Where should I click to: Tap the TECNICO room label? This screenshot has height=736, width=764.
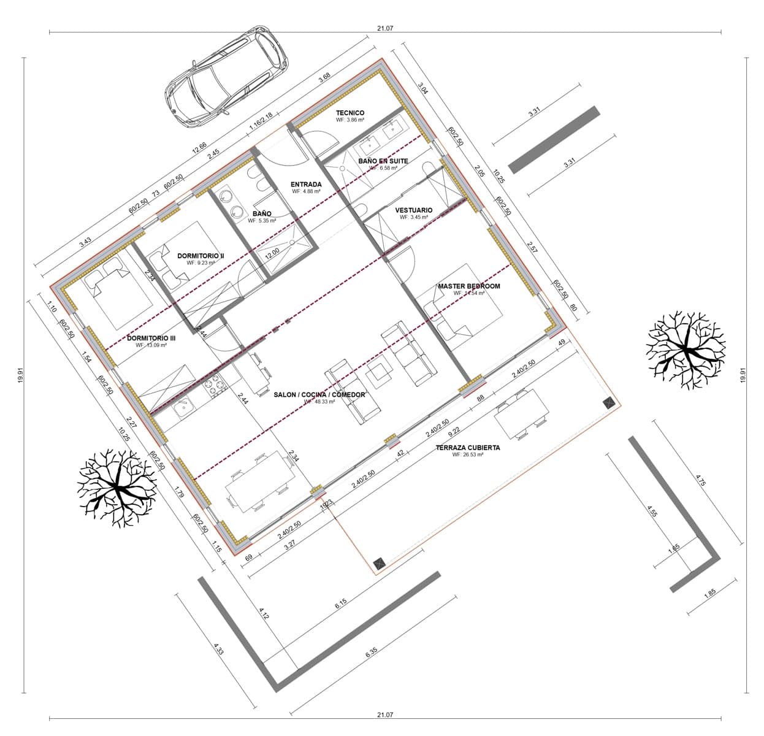point(350,113)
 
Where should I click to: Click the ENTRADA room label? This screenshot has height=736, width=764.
point(307,184)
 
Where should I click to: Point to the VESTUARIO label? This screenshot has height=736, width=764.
point(413,210)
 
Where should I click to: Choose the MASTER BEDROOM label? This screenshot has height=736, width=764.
point(468,286)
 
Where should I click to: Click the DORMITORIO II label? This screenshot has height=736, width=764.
point(201,255)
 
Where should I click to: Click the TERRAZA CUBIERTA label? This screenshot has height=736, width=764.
point(468,448)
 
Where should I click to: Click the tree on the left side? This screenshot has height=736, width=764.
point(117,488)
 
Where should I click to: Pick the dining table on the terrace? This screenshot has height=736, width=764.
point(521,415)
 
